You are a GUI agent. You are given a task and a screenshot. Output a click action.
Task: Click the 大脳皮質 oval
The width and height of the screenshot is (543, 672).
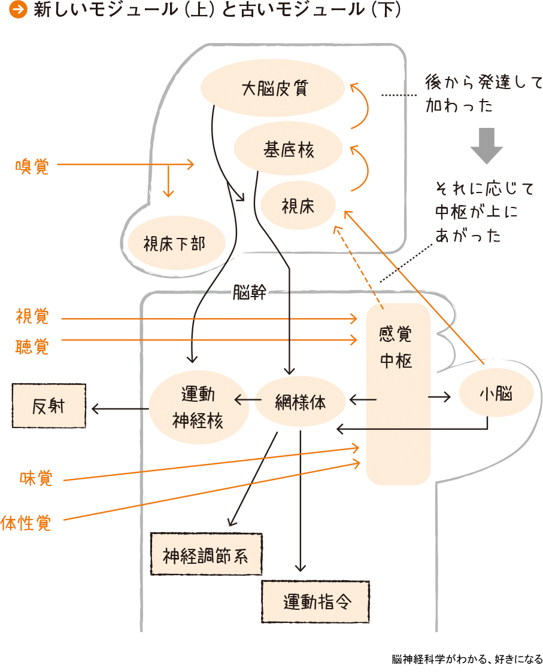pyautogui.click(x=273, y=89)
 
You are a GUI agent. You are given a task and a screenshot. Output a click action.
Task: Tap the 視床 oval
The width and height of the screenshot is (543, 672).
pyautogui.click(x=298, y=206)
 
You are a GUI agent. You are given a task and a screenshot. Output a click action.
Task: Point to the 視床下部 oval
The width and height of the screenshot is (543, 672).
pyautogui.click(x=177, y=244)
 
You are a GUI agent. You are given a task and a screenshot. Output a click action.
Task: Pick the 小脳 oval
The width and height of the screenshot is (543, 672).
pyautogui.click(x=496, y=395)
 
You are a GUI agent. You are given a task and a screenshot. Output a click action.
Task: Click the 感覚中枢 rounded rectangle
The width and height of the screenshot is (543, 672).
pyautogui.click(x=398, y=395)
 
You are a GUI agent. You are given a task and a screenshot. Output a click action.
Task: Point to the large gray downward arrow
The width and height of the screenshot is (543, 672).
pyautogui.click(x=486, y=145)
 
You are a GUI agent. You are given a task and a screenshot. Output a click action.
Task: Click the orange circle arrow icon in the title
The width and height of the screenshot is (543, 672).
pyautogui.click(x=20, y=10)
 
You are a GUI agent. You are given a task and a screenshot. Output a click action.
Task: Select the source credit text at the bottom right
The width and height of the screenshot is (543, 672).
pyautogui.click(x=467, y=659)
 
